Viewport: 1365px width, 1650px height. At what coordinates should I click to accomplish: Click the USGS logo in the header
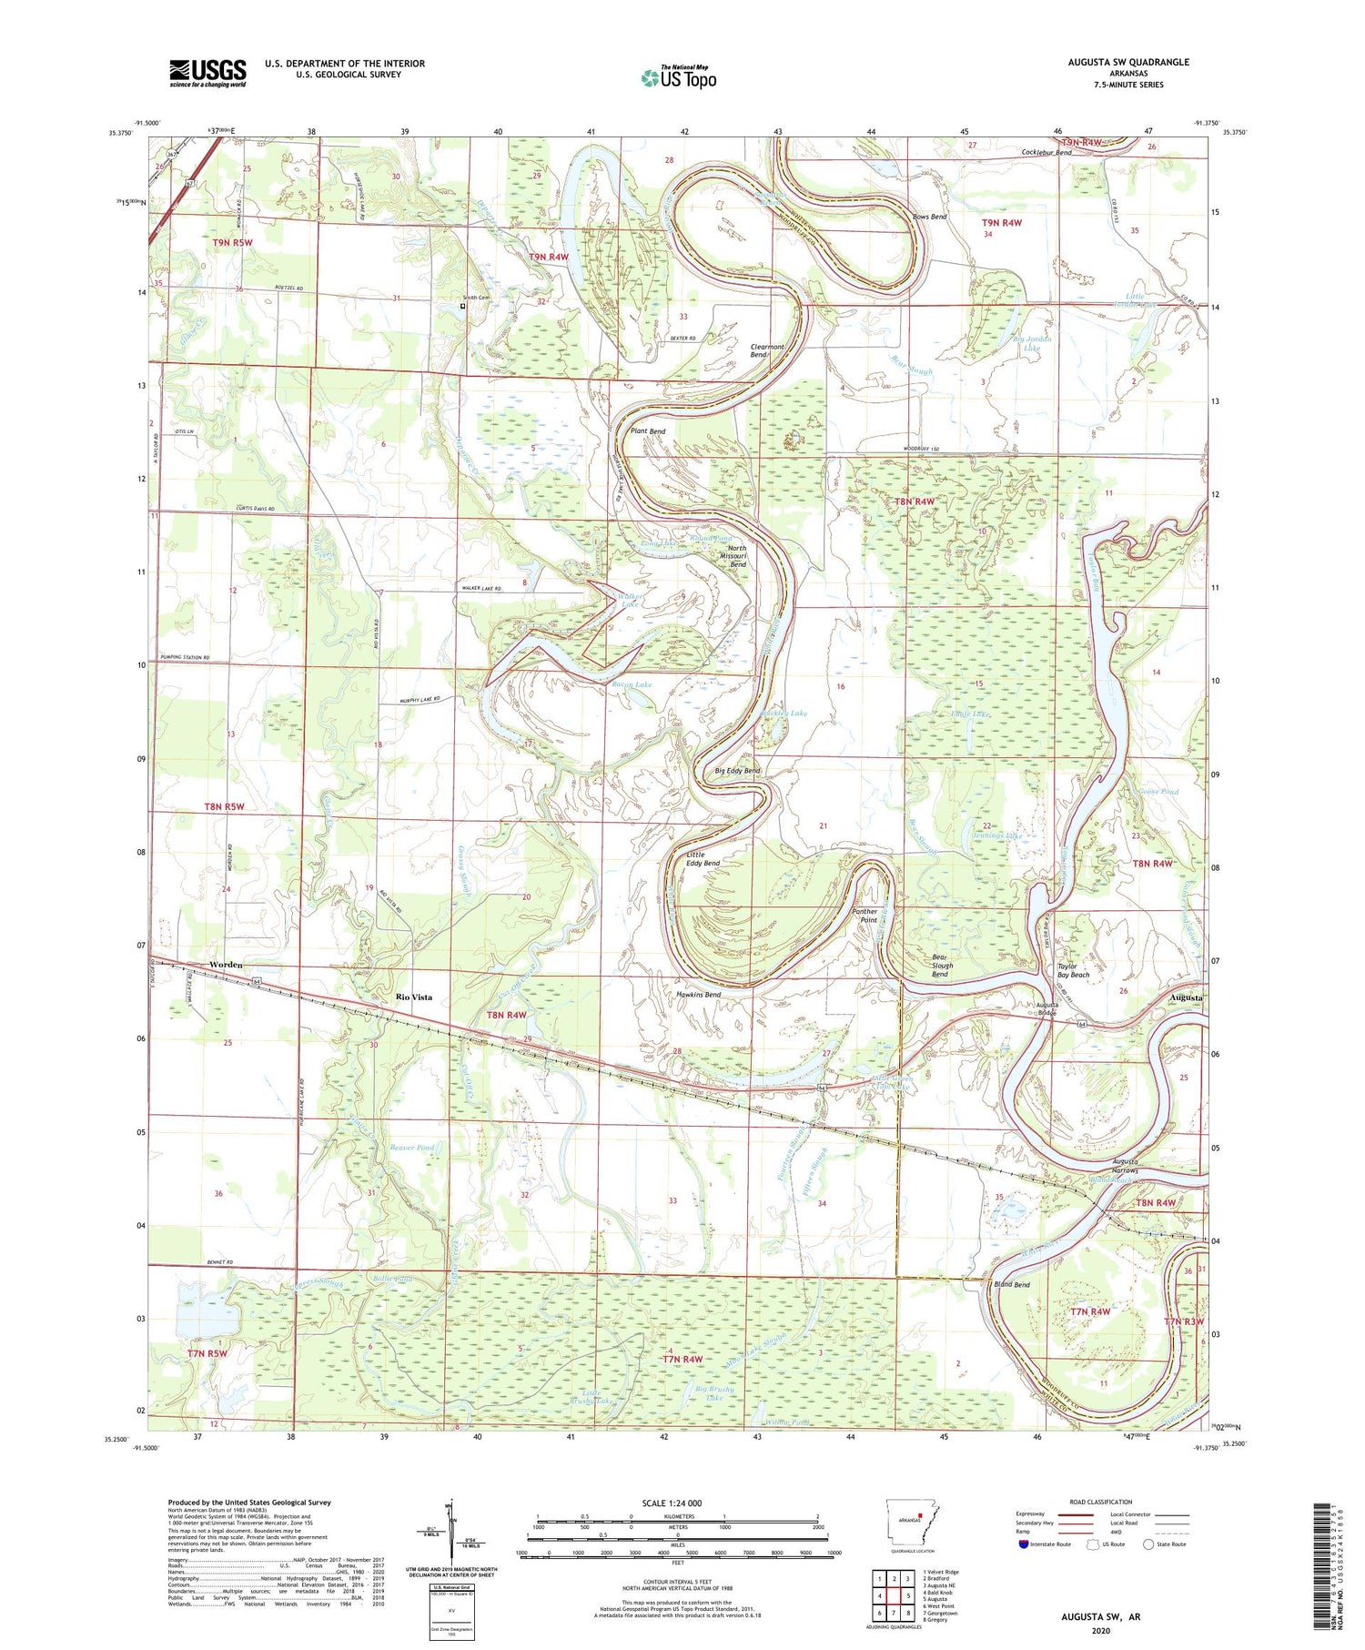[x=207, y=73]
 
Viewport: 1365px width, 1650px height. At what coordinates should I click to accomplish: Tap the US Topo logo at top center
[x=678, y=77]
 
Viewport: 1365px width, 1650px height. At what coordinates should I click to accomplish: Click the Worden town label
[x=226, y=964]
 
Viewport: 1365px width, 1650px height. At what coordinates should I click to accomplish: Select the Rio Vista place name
[x=414, y=997]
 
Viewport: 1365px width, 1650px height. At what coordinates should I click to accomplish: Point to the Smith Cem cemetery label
[x=477, y=297]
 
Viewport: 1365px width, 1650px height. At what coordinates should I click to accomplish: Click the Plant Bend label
[x=648, y=430]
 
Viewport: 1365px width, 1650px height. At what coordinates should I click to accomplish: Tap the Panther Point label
[x=864, y=915]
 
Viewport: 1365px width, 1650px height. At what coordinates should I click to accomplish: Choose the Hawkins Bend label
[x=698, y=995]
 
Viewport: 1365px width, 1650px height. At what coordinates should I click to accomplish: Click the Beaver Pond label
[x=412, y=1148]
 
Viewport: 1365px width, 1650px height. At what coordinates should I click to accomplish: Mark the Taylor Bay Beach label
[x=1073, y=970]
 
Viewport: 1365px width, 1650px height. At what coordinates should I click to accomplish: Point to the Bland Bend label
[x=1012, y=1284]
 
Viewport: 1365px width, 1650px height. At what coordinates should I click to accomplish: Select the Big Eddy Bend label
[x=737, y=771]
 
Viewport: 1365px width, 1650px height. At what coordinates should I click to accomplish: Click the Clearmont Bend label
[x=767, y=350]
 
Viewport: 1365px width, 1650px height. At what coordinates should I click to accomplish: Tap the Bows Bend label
[x=930, y=217]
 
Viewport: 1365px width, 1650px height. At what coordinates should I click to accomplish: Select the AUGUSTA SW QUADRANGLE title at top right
[x=1128, y=62]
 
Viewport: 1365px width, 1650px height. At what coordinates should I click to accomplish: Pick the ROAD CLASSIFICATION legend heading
[x=1101, y=1502]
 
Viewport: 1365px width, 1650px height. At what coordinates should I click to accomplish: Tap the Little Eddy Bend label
[x=703, y=859]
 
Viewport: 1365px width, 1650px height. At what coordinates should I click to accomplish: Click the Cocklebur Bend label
[x=1046, y=152]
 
